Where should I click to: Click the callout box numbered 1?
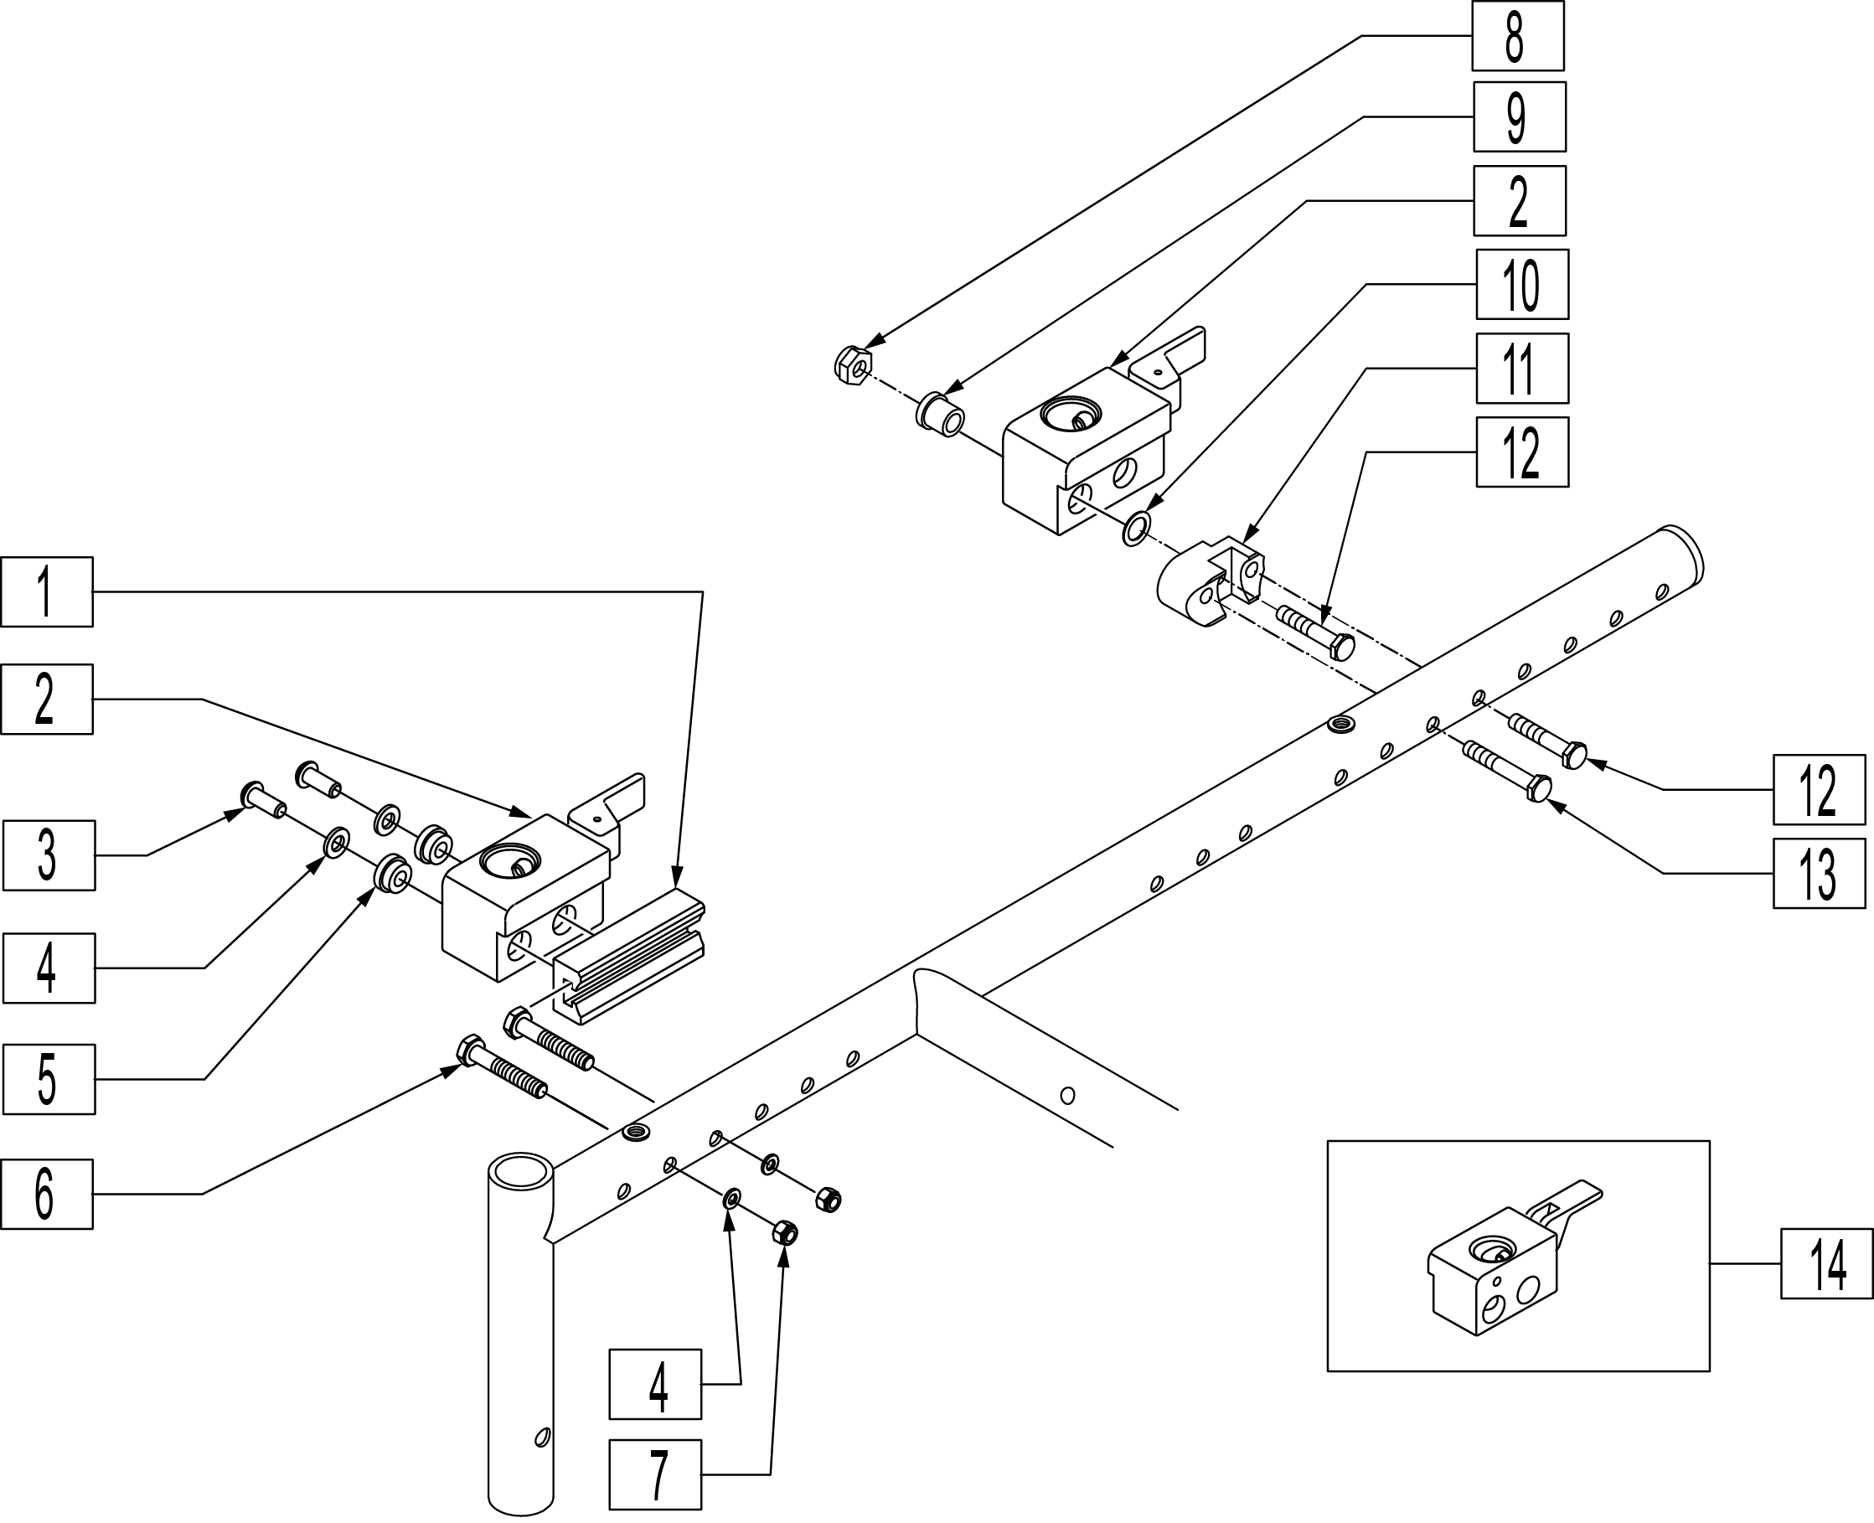pos(47,591)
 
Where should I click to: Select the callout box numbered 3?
pos(49,855)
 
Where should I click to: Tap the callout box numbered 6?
pos(47,1193)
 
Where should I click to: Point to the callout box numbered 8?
pos(1517,36)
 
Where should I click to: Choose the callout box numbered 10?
pos(1522,284)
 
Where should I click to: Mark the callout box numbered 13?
pos(1819,873)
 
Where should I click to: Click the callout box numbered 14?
pos(1825,1263)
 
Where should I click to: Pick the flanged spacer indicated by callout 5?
pos(392,874)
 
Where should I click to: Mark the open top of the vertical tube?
pos(520,1172)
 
